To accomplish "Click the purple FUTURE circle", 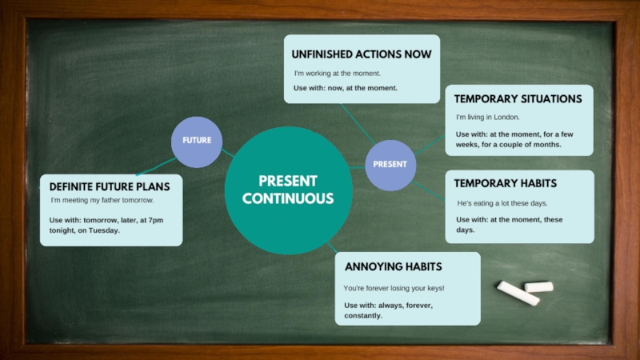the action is point(197,141).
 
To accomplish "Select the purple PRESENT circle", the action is point(390,164).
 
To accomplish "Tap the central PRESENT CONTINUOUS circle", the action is point(288,190).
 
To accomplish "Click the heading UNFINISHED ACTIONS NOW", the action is point(361,54).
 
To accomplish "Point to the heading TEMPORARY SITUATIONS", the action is point(518,99).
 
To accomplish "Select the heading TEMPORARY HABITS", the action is point(505,183).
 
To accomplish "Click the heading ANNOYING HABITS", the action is point(393,266).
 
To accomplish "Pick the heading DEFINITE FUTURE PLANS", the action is point(110,186).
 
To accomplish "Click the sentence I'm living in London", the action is point(488,118).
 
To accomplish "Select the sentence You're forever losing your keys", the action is point(394,288).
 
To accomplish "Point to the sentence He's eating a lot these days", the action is point(502,203).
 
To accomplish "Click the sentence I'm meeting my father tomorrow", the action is point(102,200).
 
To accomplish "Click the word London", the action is point(507,118).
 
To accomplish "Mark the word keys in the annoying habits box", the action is point(432,288).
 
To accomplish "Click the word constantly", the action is point(363,316).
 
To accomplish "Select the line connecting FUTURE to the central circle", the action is point(228,153).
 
